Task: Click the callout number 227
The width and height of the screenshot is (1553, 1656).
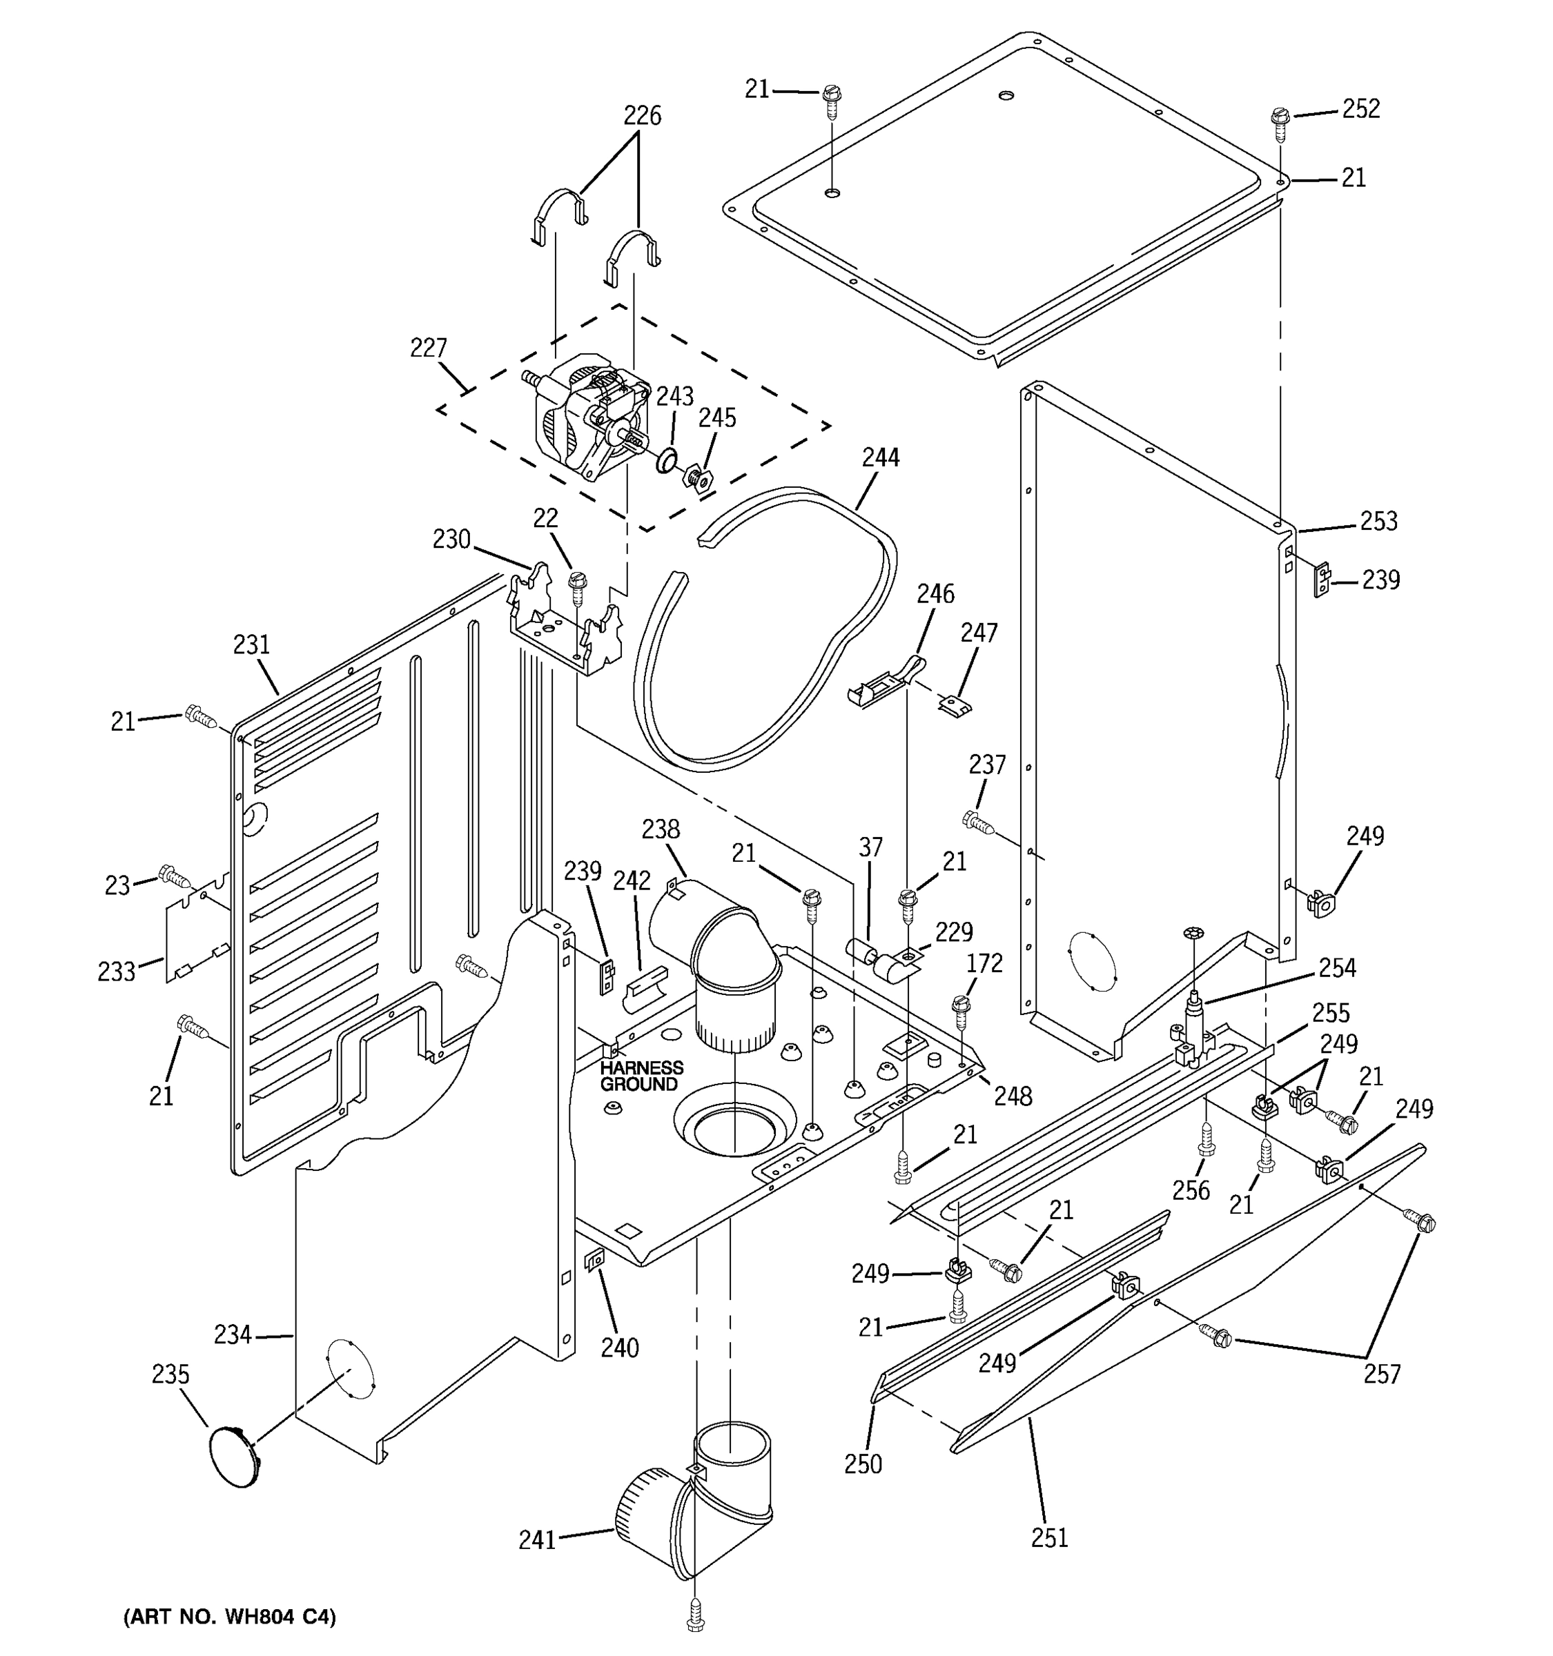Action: (x=428, y=347)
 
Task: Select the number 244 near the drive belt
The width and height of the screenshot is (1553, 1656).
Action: (x=881, y=457)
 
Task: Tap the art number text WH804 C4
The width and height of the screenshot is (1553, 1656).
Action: (x=230, y=1617)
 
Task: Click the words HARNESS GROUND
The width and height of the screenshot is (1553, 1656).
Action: (x=641, y=1076)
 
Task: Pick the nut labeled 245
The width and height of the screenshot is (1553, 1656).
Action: (x=696, y=480)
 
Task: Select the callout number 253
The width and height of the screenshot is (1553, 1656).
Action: (x=1378, y=522)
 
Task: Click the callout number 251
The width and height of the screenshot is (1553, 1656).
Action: (x=1049, y=1538)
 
